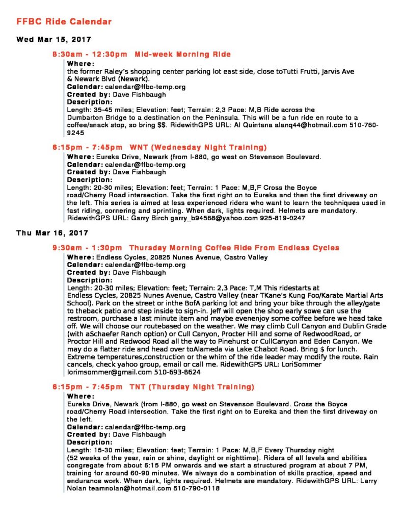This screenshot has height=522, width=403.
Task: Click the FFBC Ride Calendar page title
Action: pos(64,22)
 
